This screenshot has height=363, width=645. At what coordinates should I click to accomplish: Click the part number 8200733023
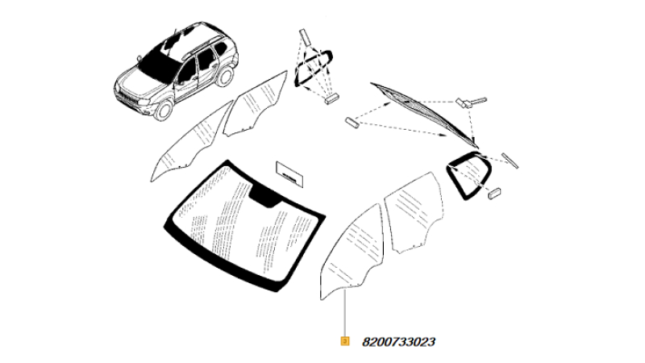point(398,342)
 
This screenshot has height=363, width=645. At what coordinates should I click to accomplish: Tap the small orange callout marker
point(345,341)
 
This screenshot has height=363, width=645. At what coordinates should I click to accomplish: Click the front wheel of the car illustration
point(164,111)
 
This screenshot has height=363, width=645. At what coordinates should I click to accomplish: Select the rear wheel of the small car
point(224,76)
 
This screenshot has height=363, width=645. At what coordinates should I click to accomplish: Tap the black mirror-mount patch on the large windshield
point(264,195)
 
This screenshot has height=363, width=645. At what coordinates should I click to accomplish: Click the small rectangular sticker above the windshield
point(290,173)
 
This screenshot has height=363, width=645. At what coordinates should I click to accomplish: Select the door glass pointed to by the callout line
point(352,252)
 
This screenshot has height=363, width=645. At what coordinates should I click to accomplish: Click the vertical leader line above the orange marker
point(345,313)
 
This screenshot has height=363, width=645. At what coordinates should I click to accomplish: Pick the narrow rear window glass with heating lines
point(425,115)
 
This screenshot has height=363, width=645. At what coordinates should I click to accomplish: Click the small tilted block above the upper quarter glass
point(305,36)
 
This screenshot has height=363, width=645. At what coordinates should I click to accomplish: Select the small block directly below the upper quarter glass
point(331,99)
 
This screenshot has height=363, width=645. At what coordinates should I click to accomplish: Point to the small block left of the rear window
point(352,123)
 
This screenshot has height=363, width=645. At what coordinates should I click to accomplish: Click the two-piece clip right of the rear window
point(470,102)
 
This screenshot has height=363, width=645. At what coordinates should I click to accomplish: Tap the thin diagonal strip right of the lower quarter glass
point(510,161)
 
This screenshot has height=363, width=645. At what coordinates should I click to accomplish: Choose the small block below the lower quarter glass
point(494,194)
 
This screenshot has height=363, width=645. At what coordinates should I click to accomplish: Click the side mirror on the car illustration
point(139,57)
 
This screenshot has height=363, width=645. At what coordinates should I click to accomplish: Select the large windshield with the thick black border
point(246,226)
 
